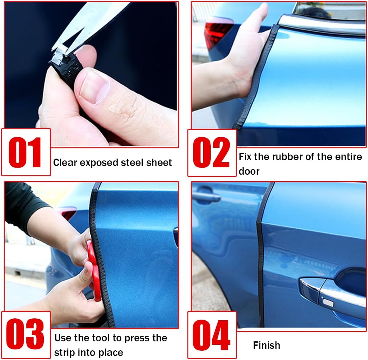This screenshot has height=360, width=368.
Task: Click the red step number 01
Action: pyautogui.click(x=25, y=152)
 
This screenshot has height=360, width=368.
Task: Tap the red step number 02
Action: pyautogui.click(x=211, y=152)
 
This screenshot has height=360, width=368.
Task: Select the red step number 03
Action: pyautogui.click(x=25, y=334)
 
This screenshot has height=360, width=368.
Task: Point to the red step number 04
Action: pyautogui.click(x=211, y=335)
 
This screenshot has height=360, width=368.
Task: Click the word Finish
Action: pyautogui.click(x=267, y=345)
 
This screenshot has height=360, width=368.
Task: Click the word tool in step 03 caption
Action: pyautogui.click(x=101, y=338)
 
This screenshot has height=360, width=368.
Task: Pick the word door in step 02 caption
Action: pyautogui.click(x=249, y=171)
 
